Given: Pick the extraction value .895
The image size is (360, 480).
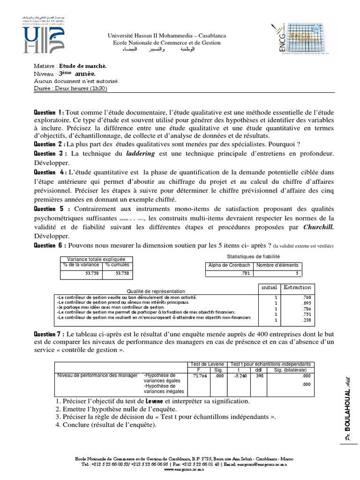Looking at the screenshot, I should (x=307, y=303).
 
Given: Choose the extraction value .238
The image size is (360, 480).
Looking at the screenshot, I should (x=307, y=321).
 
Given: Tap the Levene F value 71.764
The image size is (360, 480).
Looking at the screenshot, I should (x=200, y=375).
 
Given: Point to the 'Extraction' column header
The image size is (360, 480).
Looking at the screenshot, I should (x=298, y=287).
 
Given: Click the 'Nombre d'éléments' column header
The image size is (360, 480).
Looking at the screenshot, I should (x=277, y=265).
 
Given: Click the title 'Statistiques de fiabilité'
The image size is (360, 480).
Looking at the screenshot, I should (x=253, y=256).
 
